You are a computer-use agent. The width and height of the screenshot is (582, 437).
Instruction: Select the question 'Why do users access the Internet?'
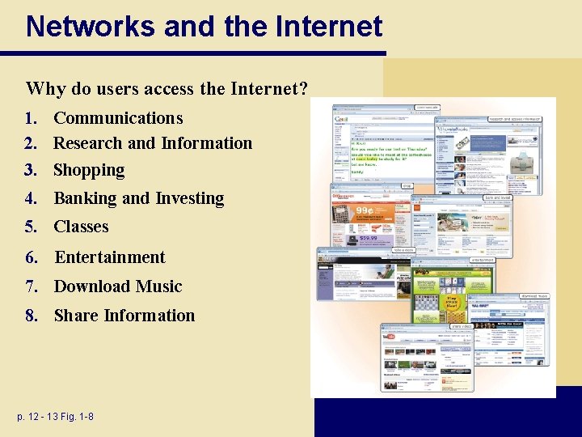click(167, 87)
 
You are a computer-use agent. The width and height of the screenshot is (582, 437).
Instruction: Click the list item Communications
click(118, 118)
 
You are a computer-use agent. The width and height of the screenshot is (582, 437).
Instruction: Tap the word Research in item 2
click(87, 143)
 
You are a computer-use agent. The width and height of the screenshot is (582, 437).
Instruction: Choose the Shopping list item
click(89, 171)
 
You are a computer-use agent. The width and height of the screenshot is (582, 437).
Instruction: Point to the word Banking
click(85, 199)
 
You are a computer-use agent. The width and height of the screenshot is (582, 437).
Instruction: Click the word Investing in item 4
click(189, 199)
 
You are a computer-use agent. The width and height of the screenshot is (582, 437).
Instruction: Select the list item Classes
click(81, 227)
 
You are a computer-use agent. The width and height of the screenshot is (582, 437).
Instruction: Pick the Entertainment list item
click(109, 257)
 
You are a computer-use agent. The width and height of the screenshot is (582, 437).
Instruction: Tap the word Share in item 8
click(76, 316)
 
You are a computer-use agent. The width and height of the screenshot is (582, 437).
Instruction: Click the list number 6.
click(31, 257)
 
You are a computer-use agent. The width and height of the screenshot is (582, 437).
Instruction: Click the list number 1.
click(31, 118)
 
